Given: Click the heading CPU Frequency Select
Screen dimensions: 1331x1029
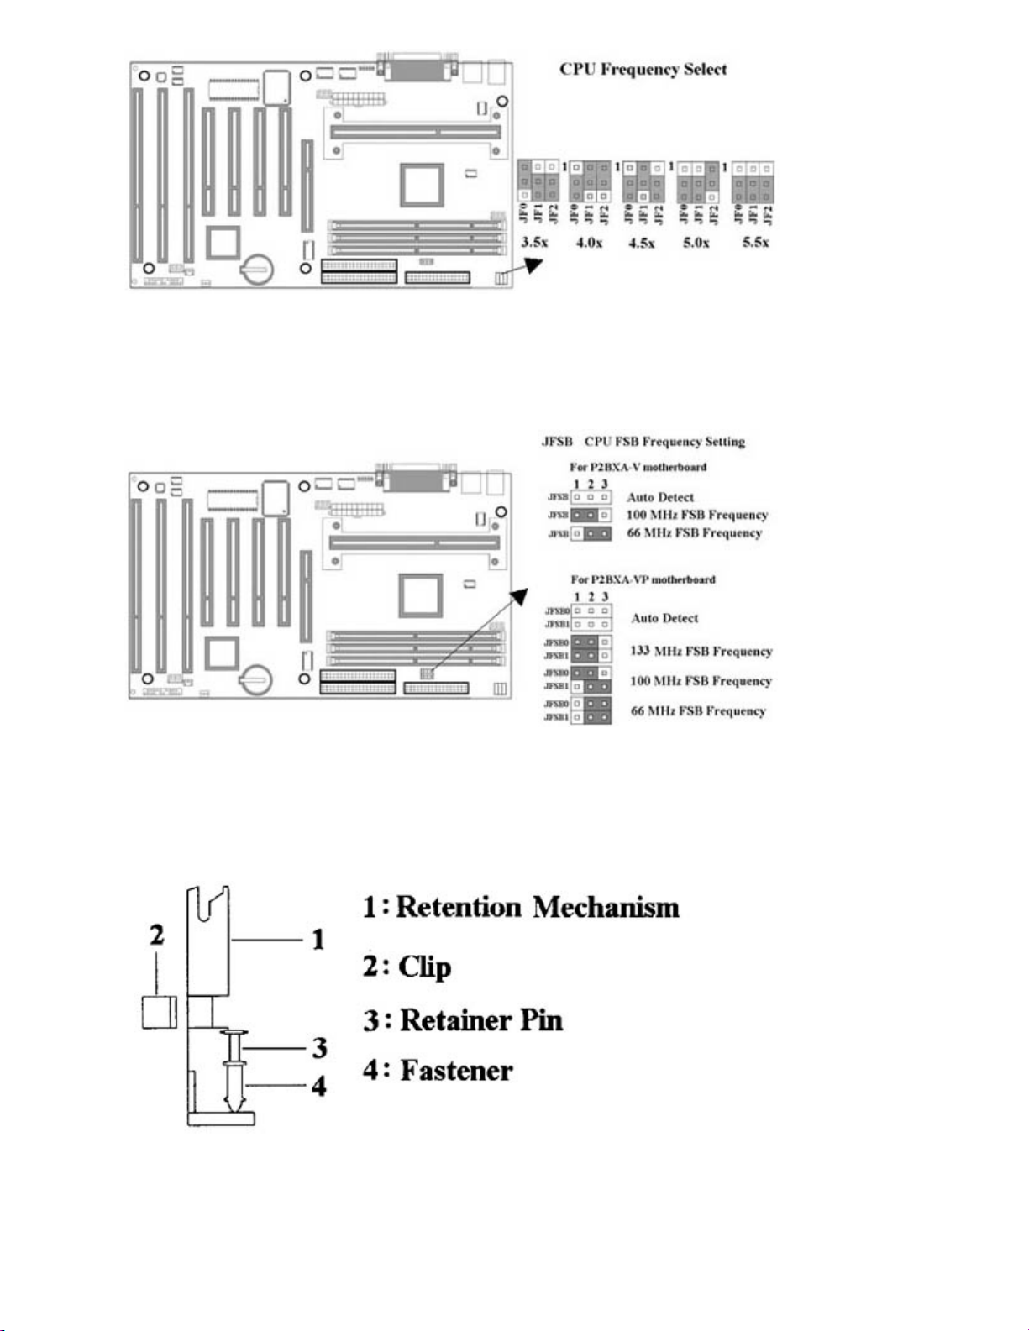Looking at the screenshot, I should [643, 70].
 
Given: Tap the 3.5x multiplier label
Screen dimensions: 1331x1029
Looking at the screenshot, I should [535, 242].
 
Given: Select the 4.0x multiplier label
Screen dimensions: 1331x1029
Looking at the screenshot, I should [589, 243].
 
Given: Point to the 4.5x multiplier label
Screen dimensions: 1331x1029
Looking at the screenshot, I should [642, 243].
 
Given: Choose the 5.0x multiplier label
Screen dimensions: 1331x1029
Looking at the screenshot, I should [696, 243].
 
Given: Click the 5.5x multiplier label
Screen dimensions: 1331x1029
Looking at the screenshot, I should [755, 242].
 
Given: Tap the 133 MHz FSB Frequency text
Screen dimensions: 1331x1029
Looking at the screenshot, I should [701, 651].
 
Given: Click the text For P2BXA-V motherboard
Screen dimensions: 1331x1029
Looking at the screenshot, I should [638, 467].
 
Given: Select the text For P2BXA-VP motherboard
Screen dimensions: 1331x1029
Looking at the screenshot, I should [643, 579].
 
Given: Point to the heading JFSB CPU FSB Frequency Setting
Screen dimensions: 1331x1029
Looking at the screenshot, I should [643, 442].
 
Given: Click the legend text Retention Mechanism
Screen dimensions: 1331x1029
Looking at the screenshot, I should [537, 907].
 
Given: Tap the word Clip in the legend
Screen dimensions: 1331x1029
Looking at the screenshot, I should [424, 967].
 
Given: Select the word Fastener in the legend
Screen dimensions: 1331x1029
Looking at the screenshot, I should [456, 1071].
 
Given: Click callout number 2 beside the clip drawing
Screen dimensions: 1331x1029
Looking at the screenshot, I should [157, 935].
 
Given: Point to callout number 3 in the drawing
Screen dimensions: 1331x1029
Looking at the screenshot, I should [319, 1047].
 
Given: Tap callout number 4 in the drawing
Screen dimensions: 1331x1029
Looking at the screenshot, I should [319, 1086].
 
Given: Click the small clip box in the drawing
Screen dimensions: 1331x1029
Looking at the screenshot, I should [159, 1011].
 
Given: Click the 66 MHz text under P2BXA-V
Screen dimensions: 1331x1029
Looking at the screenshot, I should [694, 533].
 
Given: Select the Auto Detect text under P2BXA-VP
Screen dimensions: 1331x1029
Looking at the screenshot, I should [664, 618].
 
